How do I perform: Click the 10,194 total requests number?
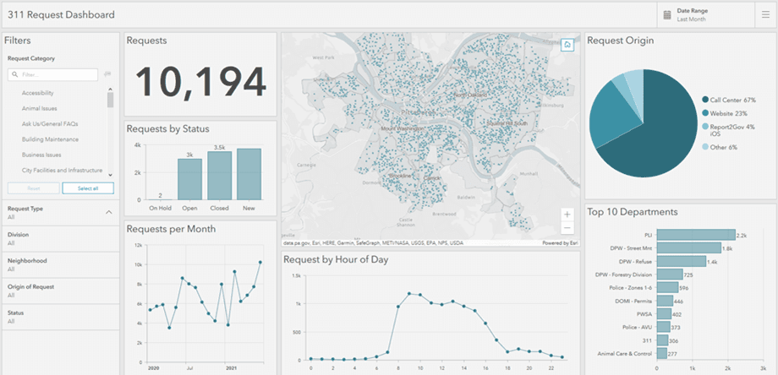pos(200,81)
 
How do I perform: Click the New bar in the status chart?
pos(249,173)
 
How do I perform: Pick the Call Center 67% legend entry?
pos(731,100)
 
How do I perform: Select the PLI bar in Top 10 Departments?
pos(696,235)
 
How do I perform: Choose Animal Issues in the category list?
pos(40,109)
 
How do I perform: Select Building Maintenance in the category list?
pos(50,139)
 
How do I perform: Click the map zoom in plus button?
pos(567,215)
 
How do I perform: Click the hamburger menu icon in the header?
pos(765,14)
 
